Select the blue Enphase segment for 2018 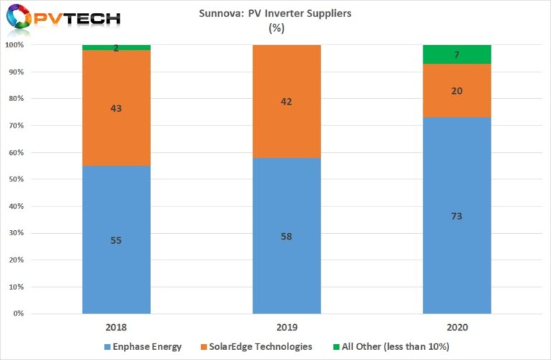116,240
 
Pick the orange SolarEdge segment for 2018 116,108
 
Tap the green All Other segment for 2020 457,55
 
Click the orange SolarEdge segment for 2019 287,101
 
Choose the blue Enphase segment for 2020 457,215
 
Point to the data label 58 287,236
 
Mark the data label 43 116,108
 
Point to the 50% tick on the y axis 16,179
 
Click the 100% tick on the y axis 14,45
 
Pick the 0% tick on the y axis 18,313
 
